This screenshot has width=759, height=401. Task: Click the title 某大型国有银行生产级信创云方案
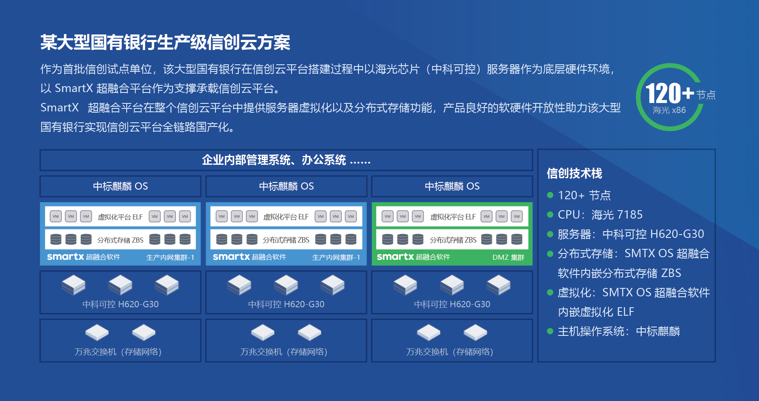pyautogui.click(x=165, y=42)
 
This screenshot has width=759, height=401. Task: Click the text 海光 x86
pyautogui.click(x=669, y=110)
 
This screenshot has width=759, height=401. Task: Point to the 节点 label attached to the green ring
pyautogui.click(x=706, y=95)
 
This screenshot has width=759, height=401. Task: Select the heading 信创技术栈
pyautogui.click(x=574, y=173)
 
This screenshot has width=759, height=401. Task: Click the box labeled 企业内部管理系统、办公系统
pyautogui.click(x=286, y=160)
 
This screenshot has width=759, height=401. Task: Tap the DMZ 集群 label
pyautogui.click(x=508, y=257)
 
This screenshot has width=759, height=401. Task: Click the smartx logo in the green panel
pyautogui.click(x=395, y=256)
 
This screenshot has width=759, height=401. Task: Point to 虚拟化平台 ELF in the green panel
pyautogui.click(x=453, y=217)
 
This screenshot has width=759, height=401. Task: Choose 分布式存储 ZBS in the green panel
pyautogui.click(x=453, y=240)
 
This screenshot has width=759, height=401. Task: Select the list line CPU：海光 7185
pyautogui.click(x=600, y=215)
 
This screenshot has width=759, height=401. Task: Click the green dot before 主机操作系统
pyautogui.click(x=550, y=331)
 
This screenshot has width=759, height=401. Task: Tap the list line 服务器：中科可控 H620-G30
pyautogui.click(x=631, y=234)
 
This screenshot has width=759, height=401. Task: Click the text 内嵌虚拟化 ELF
pyautogui.click(x=596, y=312)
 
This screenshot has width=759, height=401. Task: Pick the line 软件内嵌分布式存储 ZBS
pyautogui.click(x=619, y=273)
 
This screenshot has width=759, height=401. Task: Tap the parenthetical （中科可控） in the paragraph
pyautogui.click(x=453, y=69)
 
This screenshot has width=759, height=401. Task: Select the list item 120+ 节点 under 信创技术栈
pyautogui.click(x=584, y=195)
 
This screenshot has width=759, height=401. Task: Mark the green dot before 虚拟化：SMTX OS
pyautogui.click(x=550, y=293)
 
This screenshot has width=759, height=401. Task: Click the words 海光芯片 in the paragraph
pyautogui.click(x=398, y=69)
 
